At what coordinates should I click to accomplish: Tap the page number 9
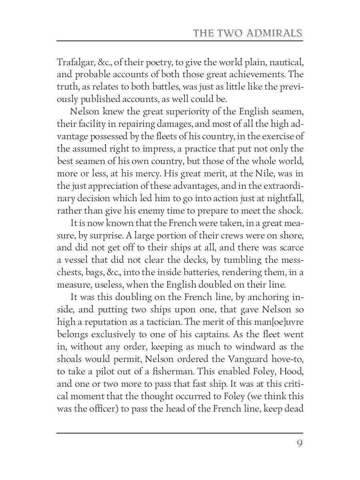[299, 444]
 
